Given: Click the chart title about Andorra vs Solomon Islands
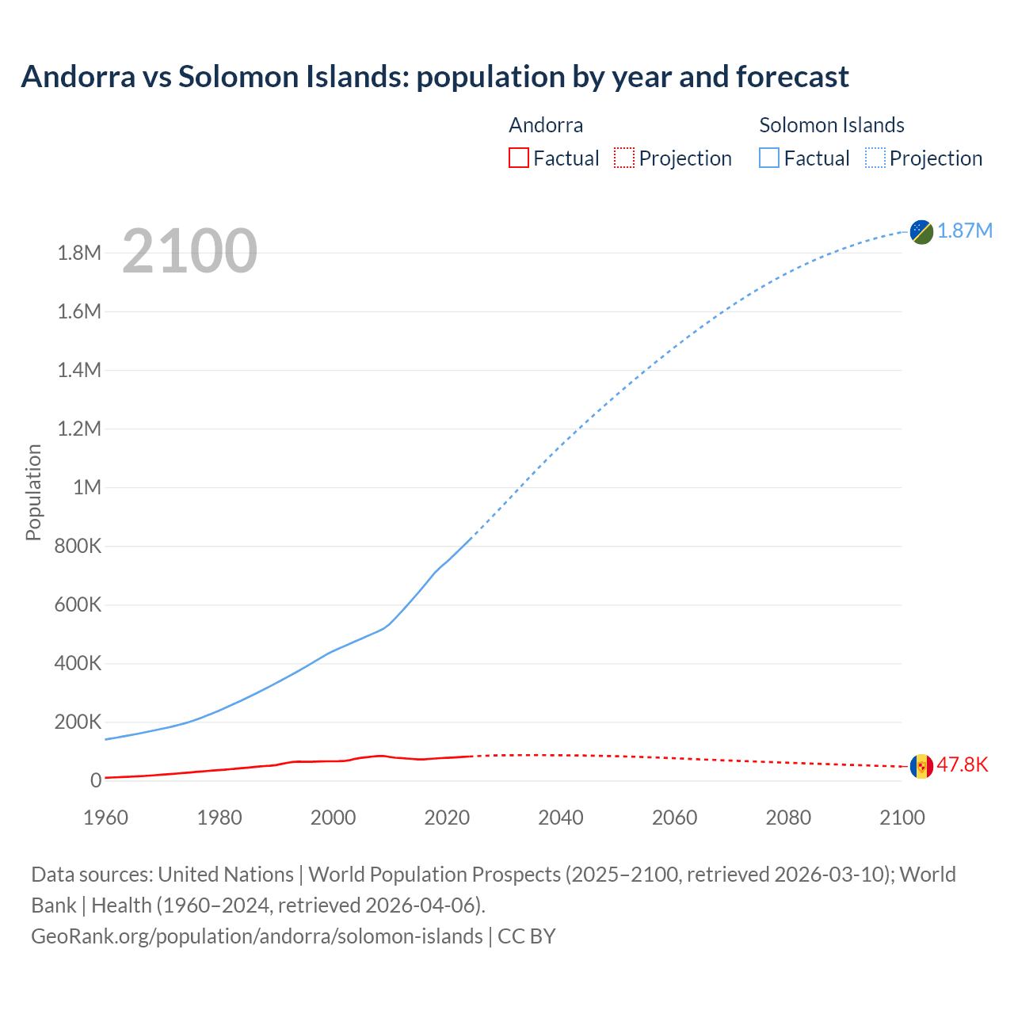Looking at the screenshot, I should (x=434, y=77).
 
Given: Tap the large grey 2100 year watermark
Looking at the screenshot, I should (x=189, y=251).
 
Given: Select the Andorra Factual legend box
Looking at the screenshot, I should (x=518, y=158).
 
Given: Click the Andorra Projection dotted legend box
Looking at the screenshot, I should (x=624, y=158).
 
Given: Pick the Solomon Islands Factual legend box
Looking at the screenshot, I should (x=768, y=158).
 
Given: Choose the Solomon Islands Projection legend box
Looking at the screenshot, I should (x=875, y=158).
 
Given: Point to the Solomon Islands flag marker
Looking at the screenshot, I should (x=921, y=231).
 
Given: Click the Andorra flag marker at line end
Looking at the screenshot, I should (x=921, y=766).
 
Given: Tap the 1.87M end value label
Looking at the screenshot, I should (x=965, y=231).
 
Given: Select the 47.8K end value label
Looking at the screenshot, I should (x=963, y=764).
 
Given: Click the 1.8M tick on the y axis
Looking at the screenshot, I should (x=79, y=253).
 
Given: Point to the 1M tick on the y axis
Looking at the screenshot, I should (x=86, y=487).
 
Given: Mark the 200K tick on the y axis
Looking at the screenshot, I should (x=78, y=722).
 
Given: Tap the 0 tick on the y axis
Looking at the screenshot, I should (x=96, y=780).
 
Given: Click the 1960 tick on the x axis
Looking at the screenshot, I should (x=105, y=818).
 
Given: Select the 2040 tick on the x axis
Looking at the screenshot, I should (x=561, y=818).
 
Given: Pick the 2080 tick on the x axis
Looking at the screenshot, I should (x=788, y=818).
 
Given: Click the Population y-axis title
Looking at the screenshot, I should (x=33, y=492).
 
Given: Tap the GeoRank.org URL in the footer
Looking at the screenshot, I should (x=257, y=936).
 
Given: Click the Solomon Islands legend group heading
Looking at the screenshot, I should (x=831, y=125).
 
